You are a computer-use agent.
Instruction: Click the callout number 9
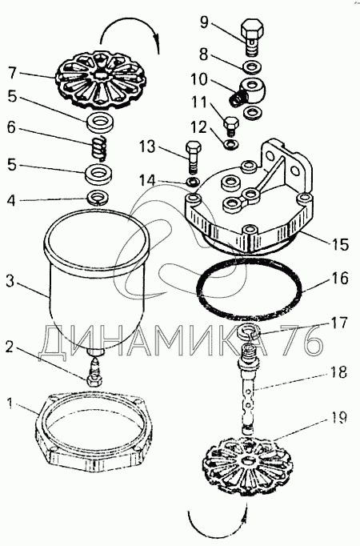[x=204, y=22]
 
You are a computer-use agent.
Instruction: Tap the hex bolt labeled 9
[x=251, y=38]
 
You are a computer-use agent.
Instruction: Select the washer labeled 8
[x=251, y=67]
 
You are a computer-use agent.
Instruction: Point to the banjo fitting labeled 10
[x=248, y=91]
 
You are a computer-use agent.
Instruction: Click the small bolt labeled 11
[x=231, y=126]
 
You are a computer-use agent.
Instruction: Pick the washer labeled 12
[x=230, y=143]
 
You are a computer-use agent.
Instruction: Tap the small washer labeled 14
[x=192, y=181]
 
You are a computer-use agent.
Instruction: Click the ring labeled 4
[x=98, y=197]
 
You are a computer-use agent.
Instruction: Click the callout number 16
[x=339, y=279]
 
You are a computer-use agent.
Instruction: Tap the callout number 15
[x=340, y=244]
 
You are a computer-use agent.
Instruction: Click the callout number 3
[x=10, y=281]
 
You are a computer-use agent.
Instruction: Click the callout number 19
[x=338, y=417]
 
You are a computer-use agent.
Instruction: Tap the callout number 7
[x=12, y=74]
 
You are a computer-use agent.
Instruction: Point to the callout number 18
[x=338, y=372]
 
